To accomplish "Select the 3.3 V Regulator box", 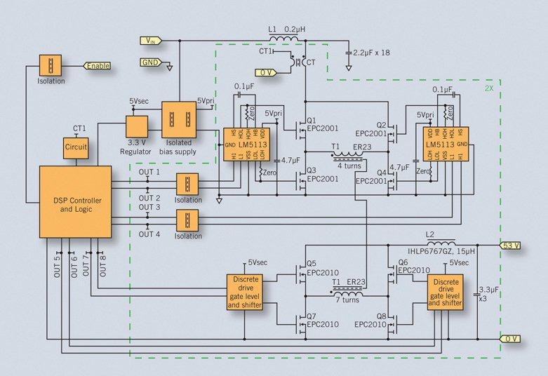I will click(x=137, y=127).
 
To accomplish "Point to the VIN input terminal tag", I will click(x=152, y=40).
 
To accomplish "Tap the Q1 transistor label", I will click(x=312, y=119).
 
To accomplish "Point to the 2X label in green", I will click(x=489, y=90).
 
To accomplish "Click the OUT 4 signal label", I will click(x=149, y=234).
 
